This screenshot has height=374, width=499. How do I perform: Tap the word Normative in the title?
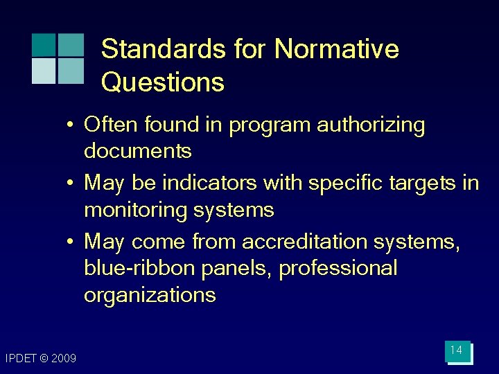tap(336, 50)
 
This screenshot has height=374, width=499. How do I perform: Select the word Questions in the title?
tap(162, 83)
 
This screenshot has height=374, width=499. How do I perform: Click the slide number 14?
tap(456, 350)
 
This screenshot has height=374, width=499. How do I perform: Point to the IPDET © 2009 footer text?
tap(40, 358)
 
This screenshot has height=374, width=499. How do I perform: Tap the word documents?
tap(137, 150)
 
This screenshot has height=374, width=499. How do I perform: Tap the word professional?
tap(338, 269)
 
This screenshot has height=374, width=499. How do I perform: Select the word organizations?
tap(150, 295)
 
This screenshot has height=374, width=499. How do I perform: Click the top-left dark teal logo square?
tap(43, 44)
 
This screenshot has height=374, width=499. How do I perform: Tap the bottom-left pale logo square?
tap(43, 71)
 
